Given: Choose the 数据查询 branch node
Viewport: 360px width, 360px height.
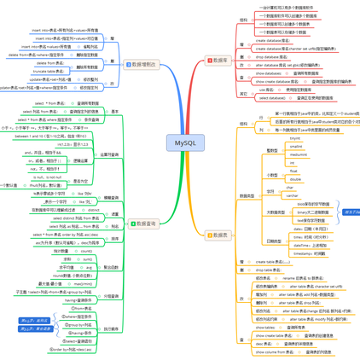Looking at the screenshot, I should coord(142,224).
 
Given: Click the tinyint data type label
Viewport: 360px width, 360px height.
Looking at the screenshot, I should coord(295,137).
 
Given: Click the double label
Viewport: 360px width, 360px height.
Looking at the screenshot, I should coord(295,179).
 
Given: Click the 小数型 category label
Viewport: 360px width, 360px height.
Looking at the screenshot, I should coord(272,175).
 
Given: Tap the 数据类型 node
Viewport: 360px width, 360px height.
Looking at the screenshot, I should coord(247,195).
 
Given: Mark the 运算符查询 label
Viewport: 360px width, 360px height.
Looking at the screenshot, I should coord(109,154).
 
